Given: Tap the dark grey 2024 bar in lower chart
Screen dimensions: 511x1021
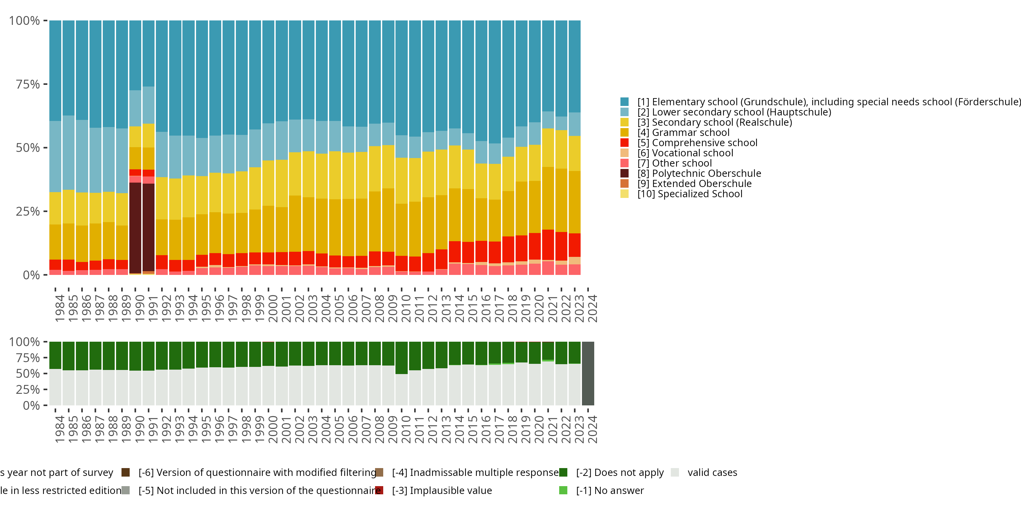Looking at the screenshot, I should coord(588,373).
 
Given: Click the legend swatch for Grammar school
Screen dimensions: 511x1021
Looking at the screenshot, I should coord(625,133).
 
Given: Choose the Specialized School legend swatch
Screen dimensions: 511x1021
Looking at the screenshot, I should coord(625,194).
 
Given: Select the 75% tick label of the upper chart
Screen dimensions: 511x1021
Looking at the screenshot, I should coord(28,84).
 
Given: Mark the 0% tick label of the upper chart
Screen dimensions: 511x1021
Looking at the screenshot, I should coord(31,275).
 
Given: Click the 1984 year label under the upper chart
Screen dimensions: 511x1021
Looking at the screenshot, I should coord(60,308).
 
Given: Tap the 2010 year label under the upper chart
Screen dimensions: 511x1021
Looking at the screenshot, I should coord(406,308).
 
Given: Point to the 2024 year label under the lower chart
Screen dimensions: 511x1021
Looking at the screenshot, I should coord(592,429).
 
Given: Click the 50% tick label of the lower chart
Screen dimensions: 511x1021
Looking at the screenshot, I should coord(28,374).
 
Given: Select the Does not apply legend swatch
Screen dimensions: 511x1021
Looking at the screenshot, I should coord(563,473).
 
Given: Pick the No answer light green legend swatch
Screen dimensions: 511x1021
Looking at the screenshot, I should coord(563,490).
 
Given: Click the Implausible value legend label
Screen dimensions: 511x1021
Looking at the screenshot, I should coord(442,490).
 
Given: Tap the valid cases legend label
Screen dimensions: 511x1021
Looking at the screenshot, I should coord(712,473).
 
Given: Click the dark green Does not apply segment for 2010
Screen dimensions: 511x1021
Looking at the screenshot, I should coord(402,357).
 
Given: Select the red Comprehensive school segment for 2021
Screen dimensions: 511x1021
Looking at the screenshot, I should coord(548,245).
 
